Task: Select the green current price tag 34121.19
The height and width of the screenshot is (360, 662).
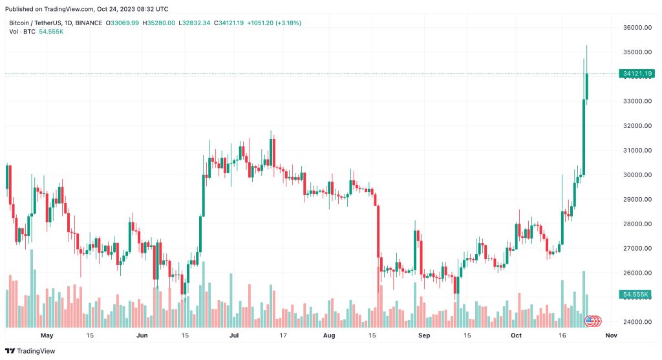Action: tap(637, 74)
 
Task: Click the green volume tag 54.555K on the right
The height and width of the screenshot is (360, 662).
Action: tap(635, 294)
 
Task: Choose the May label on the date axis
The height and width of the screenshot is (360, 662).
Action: tap(47, 336)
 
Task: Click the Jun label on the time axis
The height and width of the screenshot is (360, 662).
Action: tap(142, 336)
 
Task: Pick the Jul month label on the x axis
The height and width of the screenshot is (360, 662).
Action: tap(234, 336)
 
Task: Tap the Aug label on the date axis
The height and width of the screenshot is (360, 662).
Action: tap(328, 336)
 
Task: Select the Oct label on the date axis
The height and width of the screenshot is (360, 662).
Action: tap(515, 336)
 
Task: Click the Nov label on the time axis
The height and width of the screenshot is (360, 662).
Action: tap(610, 336)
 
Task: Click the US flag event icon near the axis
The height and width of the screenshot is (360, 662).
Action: tap(590, 320)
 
